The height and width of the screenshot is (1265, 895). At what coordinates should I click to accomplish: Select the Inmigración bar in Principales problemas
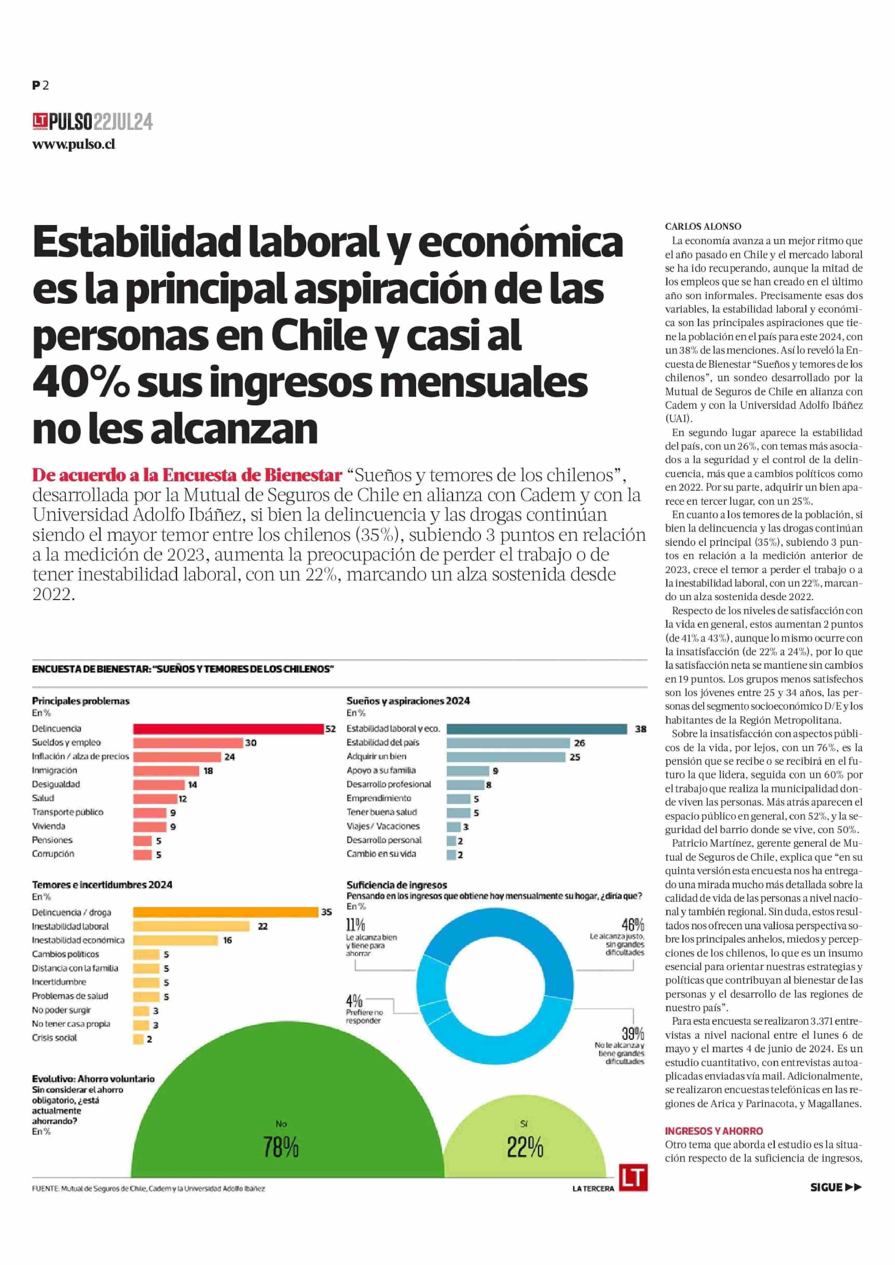166,771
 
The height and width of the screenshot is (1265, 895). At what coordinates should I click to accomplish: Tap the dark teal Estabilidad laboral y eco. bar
537,729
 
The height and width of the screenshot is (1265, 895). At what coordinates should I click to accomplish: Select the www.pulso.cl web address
74,144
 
